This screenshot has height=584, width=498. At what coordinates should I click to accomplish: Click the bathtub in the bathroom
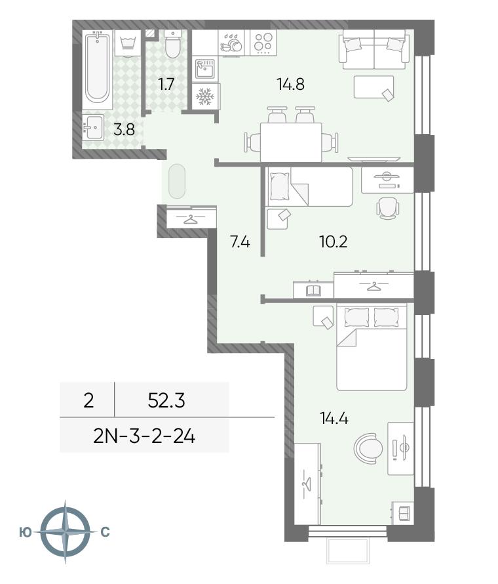[97, 70]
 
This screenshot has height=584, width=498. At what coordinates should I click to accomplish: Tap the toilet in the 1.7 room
[172, 44]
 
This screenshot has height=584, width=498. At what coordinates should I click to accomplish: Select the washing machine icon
[128, 43]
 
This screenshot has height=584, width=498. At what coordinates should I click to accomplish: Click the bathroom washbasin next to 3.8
[93, 128]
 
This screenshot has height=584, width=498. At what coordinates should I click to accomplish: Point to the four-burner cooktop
[263, 42]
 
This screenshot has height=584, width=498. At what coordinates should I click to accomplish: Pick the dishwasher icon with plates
[231, 43]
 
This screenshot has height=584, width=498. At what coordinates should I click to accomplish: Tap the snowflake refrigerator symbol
[205, 96]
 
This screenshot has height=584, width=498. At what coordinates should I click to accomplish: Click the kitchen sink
[205, 68]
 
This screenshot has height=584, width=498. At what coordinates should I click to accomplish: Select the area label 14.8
[290, 84]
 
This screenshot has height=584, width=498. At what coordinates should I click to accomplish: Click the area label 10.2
[334, 242]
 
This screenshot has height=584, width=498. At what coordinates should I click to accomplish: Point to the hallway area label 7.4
[240, 242]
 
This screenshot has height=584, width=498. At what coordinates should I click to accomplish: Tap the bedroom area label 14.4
[334, 419]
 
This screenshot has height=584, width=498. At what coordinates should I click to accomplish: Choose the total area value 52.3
[166, 401]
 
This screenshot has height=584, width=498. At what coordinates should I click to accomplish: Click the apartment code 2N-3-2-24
[144, 436]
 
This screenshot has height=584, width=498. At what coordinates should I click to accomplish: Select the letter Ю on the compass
[25, 533]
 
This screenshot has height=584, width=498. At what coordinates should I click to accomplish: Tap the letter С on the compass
[105, 533]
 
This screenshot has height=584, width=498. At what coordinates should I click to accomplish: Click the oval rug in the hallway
[177, 181]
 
